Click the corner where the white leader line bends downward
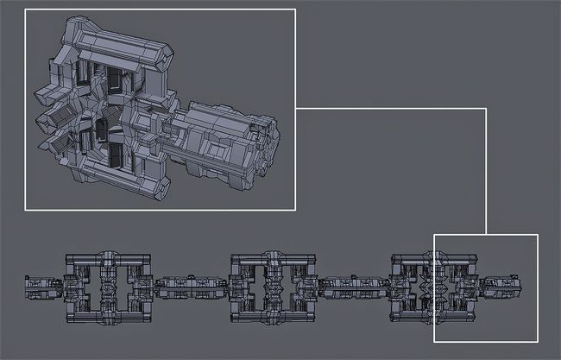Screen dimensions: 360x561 click(486, 110)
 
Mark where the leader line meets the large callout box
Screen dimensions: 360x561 click(296, 110)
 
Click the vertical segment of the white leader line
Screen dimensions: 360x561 click(486, 173)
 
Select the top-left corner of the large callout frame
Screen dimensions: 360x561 click(25, 9)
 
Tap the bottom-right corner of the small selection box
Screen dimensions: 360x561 click(537, 341)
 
